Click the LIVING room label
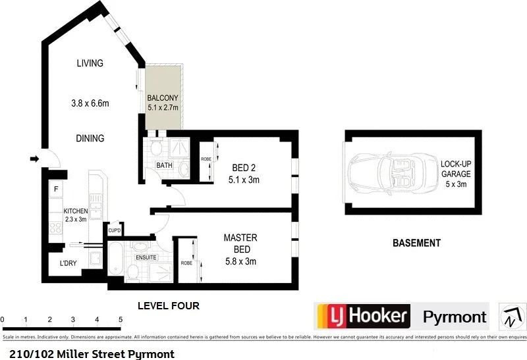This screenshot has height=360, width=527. (x=90, y=64)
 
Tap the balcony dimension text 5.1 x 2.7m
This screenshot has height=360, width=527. (x=163, y=108)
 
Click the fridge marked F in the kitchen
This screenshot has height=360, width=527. (x=57, y=190)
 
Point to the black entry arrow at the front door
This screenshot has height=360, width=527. (x=34, y=158)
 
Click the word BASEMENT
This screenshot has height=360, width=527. (x=416, y=243)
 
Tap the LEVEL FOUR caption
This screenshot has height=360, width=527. (x=168, y=306)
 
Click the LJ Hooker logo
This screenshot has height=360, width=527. (x=363, y=316)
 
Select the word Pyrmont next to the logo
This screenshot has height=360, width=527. (x=454, y=317)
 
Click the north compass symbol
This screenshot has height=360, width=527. (x=512, y=317)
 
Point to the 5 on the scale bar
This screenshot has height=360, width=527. (x=121, y=319)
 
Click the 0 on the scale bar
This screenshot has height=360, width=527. (x=3, y=319)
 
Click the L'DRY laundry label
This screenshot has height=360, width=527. (x=69, y=263)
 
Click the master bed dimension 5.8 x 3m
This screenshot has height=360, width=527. (x=240, y=261)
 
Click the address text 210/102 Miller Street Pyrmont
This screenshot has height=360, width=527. (x=92, y=353)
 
